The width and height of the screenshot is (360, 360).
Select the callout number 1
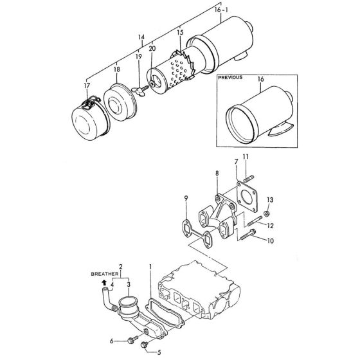coord(151,265)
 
